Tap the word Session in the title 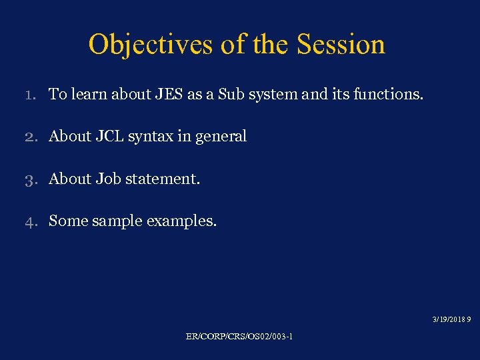[x=341, y=45]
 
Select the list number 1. [x=30, y=95]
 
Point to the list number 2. [x=30, y=137]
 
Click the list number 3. [x=30, y=179]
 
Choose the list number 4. [x=30, y=221]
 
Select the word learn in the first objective [x=85, y=95]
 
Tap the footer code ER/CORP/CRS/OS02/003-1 [x=239, y=337]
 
